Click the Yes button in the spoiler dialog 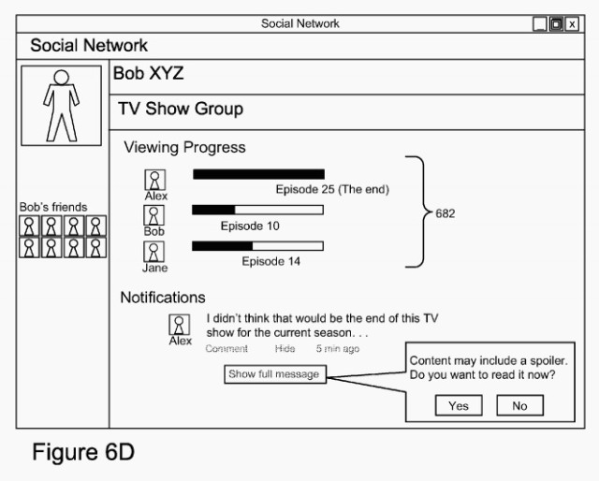pos(459,406)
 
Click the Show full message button pos(274,374)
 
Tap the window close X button pos(572,23)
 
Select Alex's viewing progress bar pos(258,174)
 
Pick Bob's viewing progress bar pos(257,211)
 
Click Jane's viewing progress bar pos(257,246)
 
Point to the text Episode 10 pos(250,226)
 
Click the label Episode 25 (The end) pos(331,190)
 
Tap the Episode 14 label pos(271,262)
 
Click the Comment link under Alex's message pos(226,348)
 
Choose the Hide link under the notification pos(285,348)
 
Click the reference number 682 pos(446,213)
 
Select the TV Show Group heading pos(181,109)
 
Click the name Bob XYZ pos(148,74)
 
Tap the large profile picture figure pos(63,104)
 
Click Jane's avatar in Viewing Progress pos(154,252)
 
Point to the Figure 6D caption pos(83,454)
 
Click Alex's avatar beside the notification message pos(180,324)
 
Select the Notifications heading pos(162,298)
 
